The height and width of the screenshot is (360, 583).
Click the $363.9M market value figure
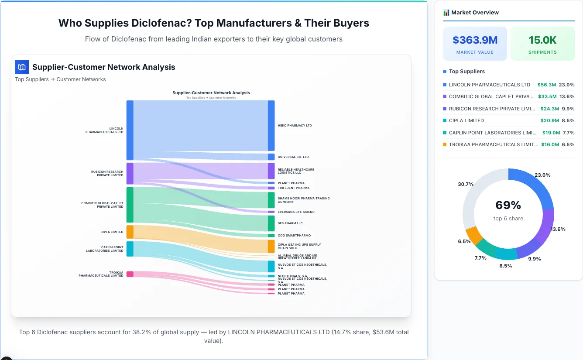click(x=475, y=40)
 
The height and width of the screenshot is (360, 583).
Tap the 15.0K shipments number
click(x=542, y=40)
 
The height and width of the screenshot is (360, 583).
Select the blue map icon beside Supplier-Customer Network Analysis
click(x=22, y=67)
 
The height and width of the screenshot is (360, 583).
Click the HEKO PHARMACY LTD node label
click(x=295, y=126)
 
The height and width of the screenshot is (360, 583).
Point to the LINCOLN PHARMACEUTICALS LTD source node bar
click(x=130, y=130)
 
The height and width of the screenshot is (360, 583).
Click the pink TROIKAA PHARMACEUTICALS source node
click(x=130, y=274)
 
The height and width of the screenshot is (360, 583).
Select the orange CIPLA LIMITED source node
click(x=130, y=232)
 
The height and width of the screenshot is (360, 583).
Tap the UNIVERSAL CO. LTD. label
click(x=293, y=157)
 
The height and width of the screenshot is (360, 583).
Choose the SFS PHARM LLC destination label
click(x=290, y=223)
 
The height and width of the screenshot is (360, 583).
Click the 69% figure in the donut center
click(x=508, y=205)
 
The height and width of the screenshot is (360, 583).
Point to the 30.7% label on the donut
click(x=466, y=184)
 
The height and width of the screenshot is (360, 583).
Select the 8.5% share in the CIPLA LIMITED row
click(x=568, y=120)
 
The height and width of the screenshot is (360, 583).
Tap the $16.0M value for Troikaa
click(x=550, y=144)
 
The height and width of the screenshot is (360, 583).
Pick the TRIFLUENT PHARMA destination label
click(x=293, y=188)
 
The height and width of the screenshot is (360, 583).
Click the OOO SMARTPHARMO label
click(x=294, y=236)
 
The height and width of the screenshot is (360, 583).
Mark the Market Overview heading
click(x=475, y=13)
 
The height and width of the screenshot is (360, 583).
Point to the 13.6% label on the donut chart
click(x=558, y=229)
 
